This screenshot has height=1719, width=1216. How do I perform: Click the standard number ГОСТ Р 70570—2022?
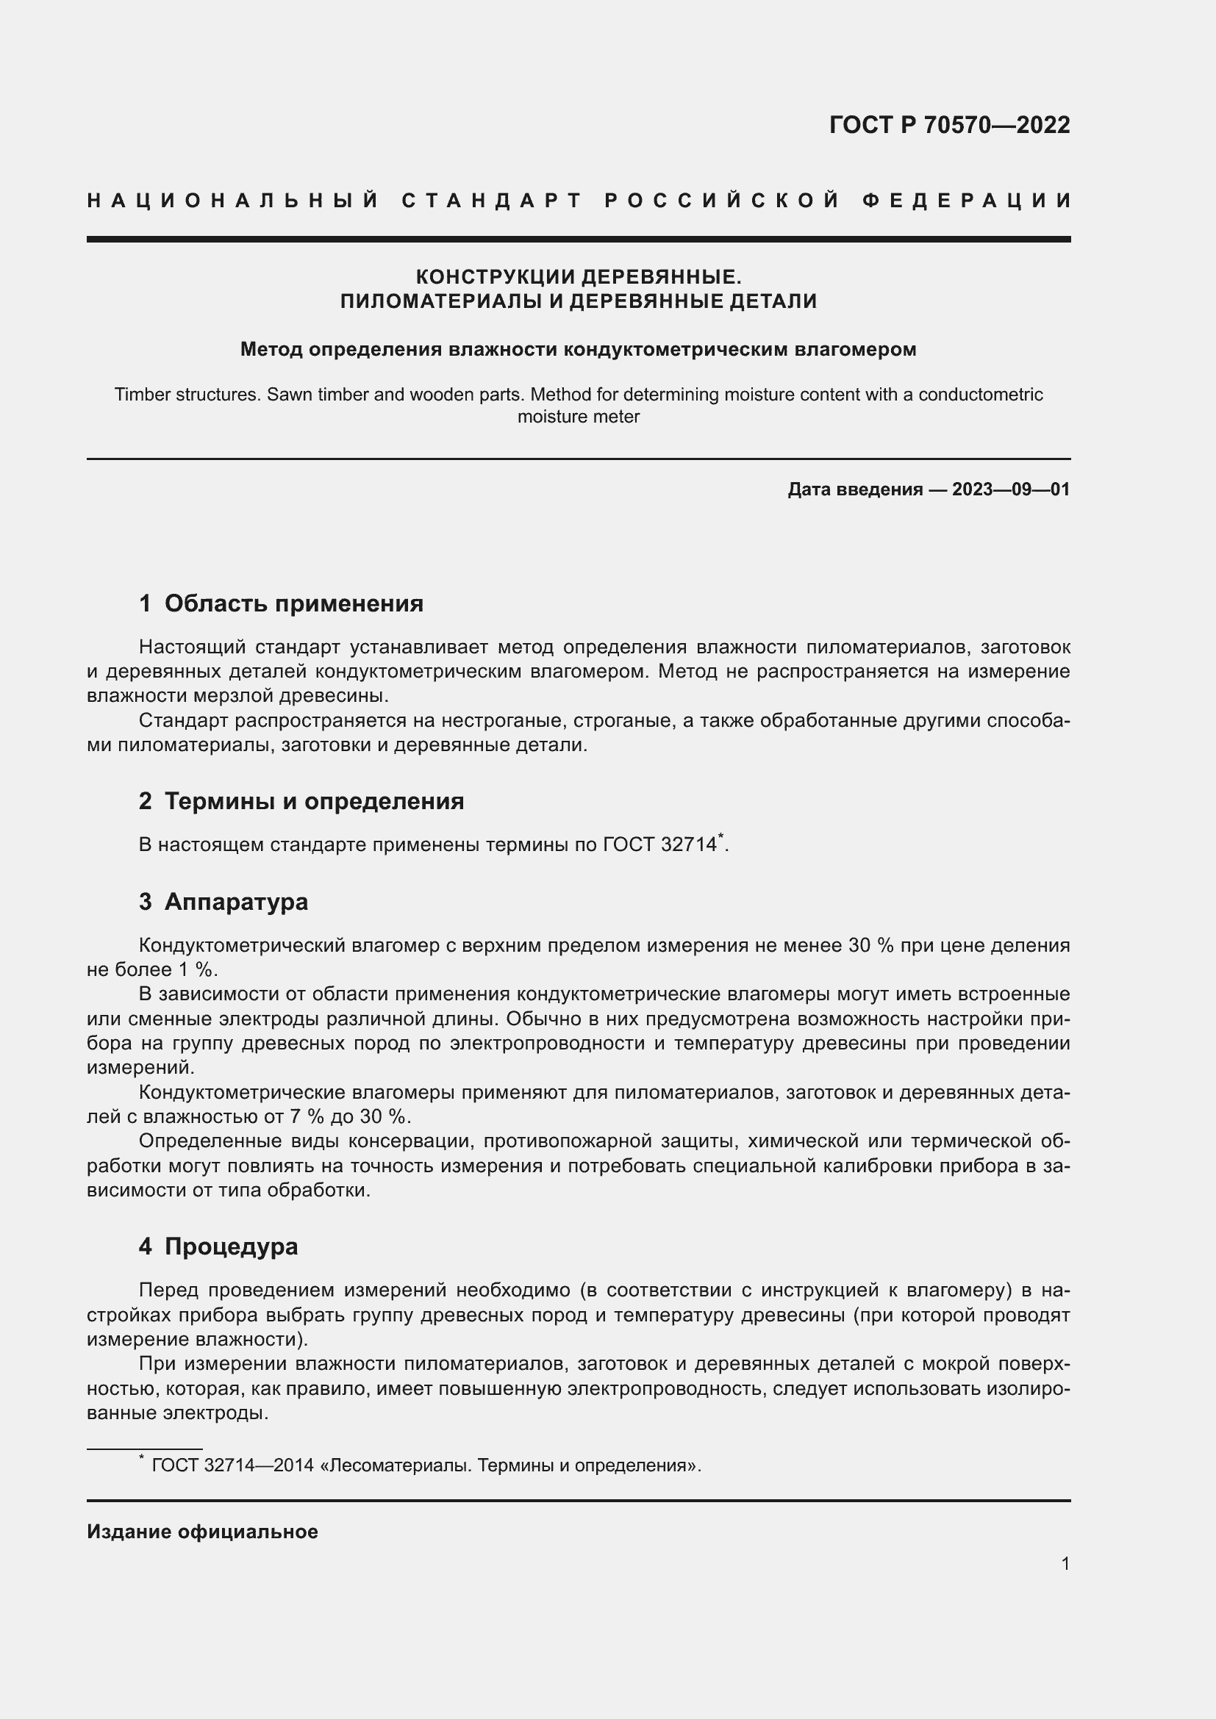948,125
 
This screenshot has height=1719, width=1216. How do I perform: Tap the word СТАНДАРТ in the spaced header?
492,201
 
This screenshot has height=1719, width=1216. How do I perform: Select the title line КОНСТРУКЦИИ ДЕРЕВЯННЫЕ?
578,277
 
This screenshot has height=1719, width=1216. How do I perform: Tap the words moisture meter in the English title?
578,417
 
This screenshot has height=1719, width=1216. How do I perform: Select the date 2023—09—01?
1011,489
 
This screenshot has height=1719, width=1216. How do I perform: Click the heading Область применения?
293,603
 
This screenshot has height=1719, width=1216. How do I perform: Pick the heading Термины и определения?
314,801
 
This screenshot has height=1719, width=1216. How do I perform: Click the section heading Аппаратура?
236,902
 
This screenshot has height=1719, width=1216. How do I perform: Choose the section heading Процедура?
232,1246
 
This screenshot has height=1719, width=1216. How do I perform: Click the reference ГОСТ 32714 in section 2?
659,845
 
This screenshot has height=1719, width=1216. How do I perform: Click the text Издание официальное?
202,1532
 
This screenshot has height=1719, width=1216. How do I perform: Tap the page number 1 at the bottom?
1065,1563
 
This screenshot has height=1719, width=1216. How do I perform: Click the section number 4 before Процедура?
146,1246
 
